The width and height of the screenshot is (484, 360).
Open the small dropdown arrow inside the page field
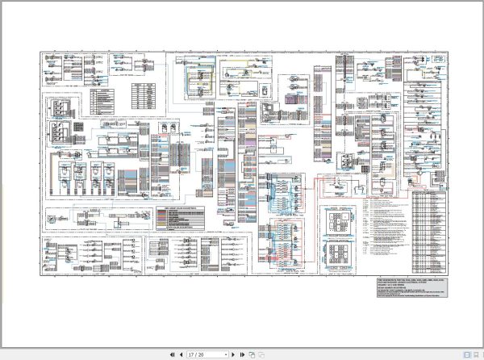(x=226, y=354)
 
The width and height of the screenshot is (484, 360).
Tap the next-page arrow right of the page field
(x=232, y=354)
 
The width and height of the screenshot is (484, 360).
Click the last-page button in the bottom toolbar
(x=241, y=354)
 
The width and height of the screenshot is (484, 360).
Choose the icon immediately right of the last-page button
(x=251, y=354)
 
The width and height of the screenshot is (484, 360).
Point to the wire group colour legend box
(x=180, y=217)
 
